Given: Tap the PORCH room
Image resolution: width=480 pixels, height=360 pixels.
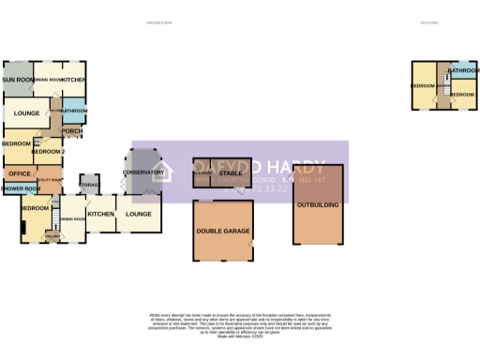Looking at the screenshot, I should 72,130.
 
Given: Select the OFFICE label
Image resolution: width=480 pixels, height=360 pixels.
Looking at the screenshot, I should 19,173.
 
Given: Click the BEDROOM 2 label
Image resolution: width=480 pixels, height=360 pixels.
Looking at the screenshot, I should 48,151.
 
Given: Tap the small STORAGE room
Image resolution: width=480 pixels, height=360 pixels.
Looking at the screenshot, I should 89,185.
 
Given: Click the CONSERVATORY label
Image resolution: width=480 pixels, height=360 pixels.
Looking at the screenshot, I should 142,172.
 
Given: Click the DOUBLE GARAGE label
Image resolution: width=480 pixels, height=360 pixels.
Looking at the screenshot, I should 223,232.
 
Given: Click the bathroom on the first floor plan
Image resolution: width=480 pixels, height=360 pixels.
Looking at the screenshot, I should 463,71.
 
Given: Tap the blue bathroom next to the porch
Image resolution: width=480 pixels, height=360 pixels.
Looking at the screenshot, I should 74,111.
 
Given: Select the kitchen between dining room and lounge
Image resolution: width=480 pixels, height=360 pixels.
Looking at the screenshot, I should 101,214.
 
